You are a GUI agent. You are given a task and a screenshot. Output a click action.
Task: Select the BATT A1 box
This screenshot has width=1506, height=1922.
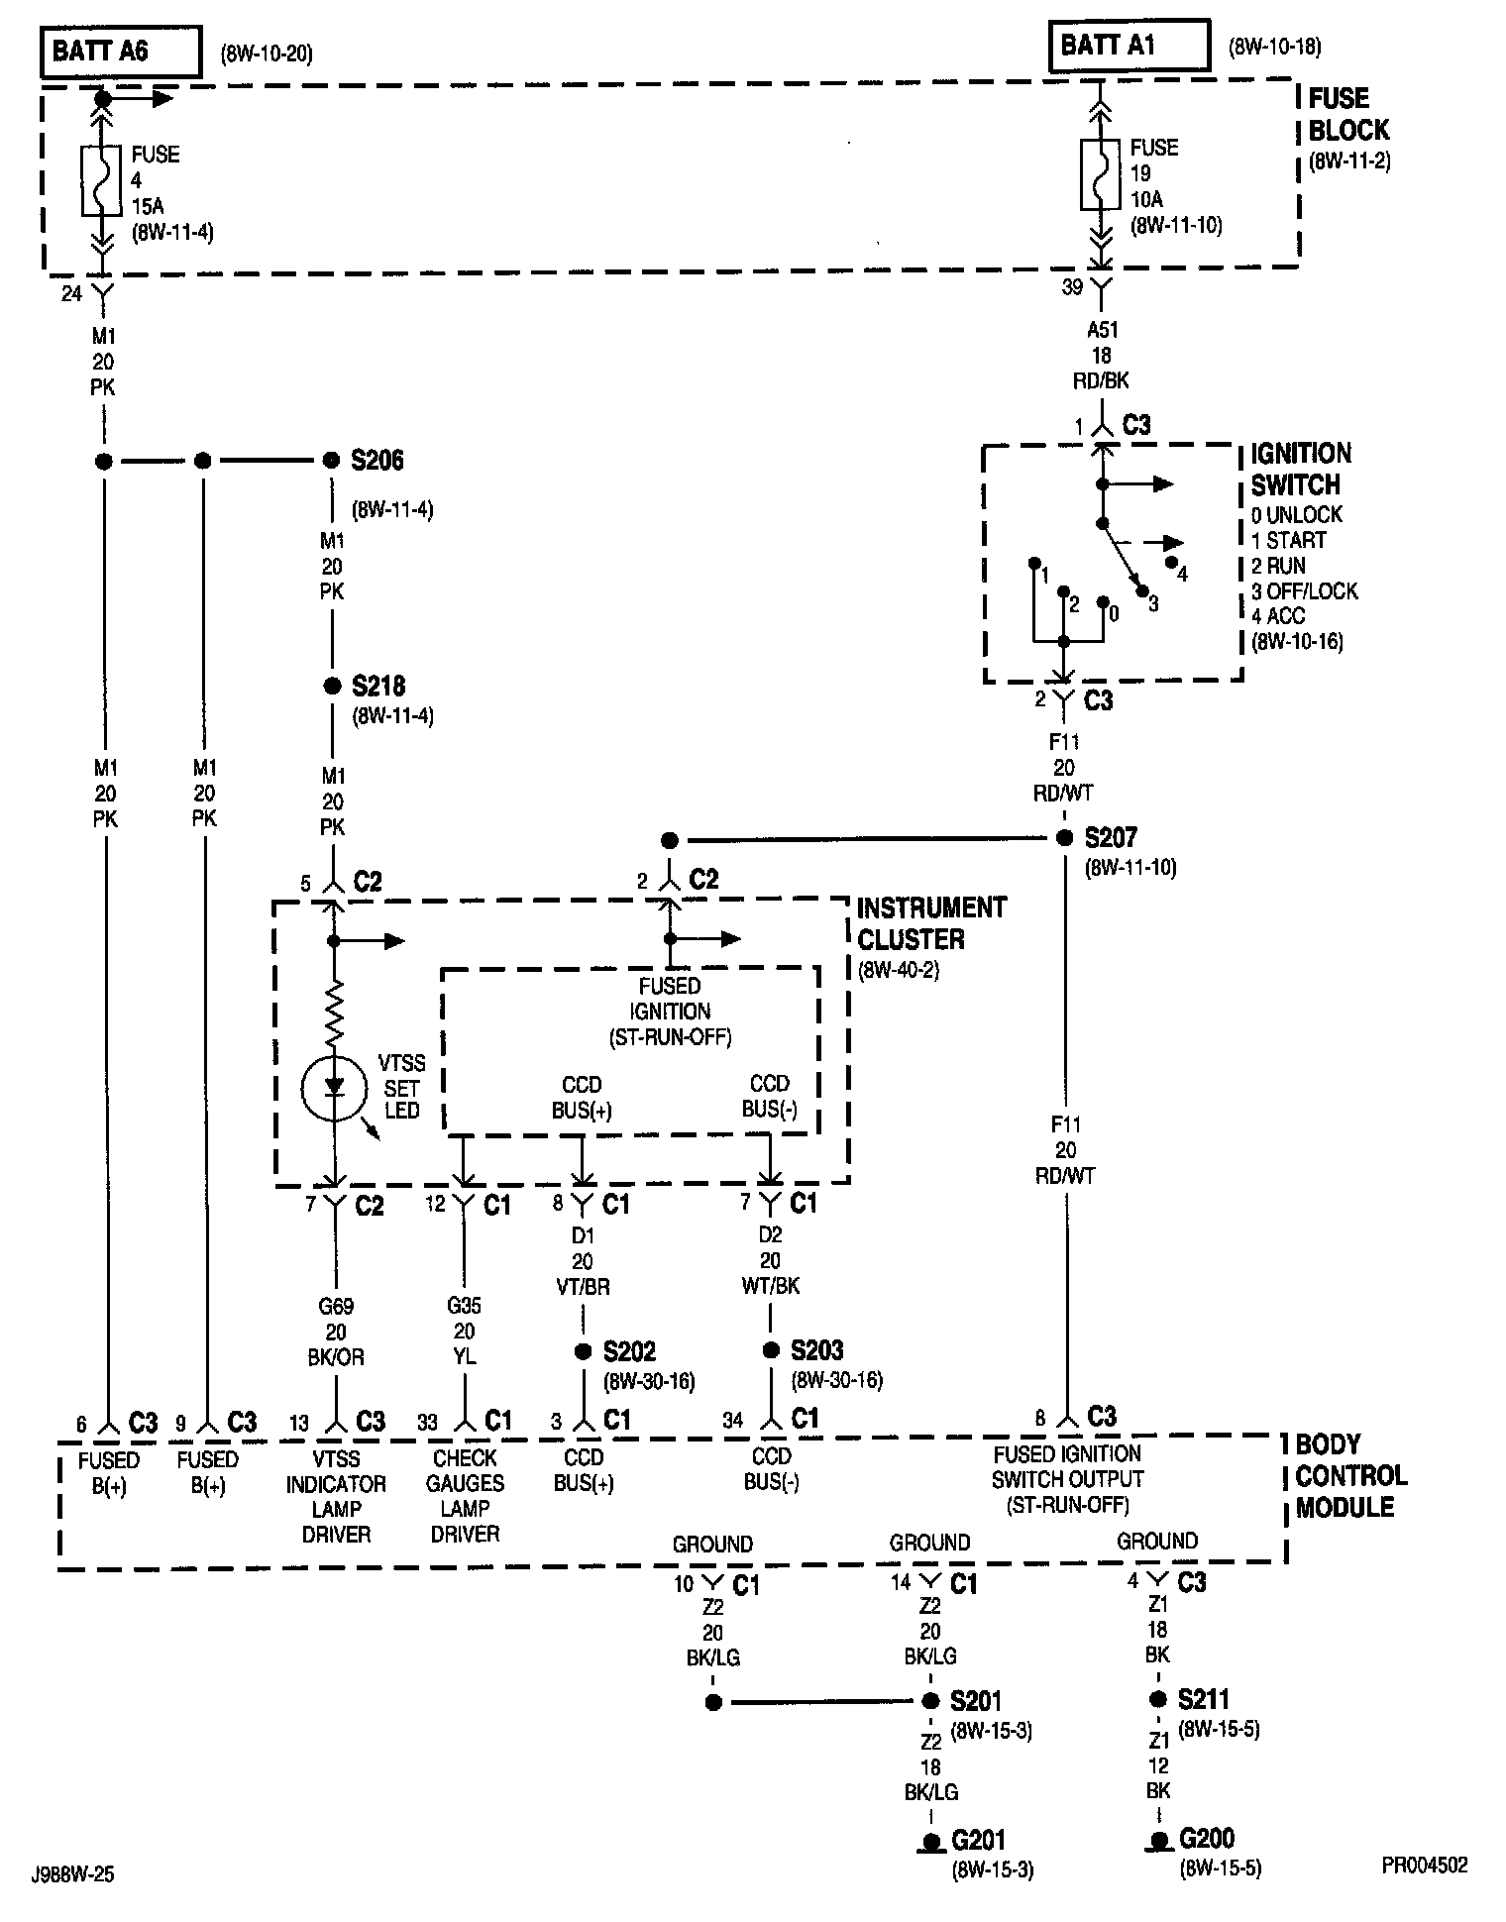coord(1129,46)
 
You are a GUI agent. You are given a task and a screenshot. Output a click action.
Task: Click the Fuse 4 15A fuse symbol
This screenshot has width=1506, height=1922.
coord(101,180)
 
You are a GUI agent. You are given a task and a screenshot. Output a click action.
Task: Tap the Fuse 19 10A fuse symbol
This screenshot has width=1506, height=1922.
coord(1099,174)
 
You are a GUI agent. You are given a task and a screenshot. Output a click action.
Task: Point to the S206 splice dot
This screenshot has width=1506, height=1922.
coord(332,461)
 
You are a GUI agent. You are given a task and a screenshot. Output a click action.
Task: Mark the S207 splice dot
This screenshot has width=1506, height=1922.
coord(1065,838)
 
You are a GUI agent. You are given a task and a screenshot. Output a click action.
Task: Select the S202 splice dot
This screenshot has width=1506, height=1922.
coord(584,1351)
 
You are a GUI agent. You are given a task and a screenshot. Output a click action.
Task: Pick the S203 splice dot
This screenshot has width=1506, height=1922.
coord(771,1350)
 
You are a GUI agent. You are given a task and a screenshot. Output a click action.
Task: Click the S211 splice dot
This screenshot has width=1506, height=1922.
coord(1157,1699)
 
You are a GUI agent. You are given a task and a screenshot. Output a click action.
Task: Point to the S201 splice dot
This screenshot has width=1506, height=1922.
coord(930,1701)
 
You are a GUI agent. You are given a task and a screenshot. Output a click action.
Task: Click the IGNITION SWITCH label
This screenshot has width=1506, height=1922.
coord(1300,470)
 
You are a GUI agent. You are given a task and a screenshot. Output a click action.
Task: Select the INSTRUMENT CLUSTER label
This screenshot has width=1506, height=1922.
coord(931,923)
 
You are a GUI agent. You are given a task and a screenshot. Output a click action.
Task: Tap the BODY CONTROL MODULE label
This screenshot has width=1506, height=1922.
coord(1350,1475)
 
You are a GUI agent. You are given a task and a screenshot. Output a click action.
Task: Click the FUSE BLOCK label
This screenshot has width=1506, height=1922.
coord(1348,114)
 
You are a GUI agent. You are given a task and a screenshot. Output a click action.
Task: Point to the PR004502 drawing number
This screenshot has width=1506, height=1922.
coord(1425,1866)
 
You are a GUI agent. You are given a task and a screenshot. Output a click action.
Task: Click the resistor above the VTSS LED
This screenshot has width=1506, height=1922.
coord(335,1011)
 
